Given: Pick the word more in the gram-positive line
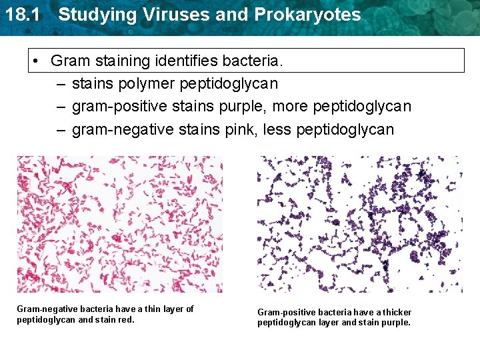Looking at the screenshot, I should [x=283, y=107].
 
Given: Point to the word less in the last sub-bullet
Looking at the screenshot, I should [x=276, y=129].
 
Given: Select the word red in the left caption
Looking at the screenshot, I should [x=127, y=320].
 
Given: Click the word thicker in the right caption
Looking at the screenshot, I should [x=397, y=313].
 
